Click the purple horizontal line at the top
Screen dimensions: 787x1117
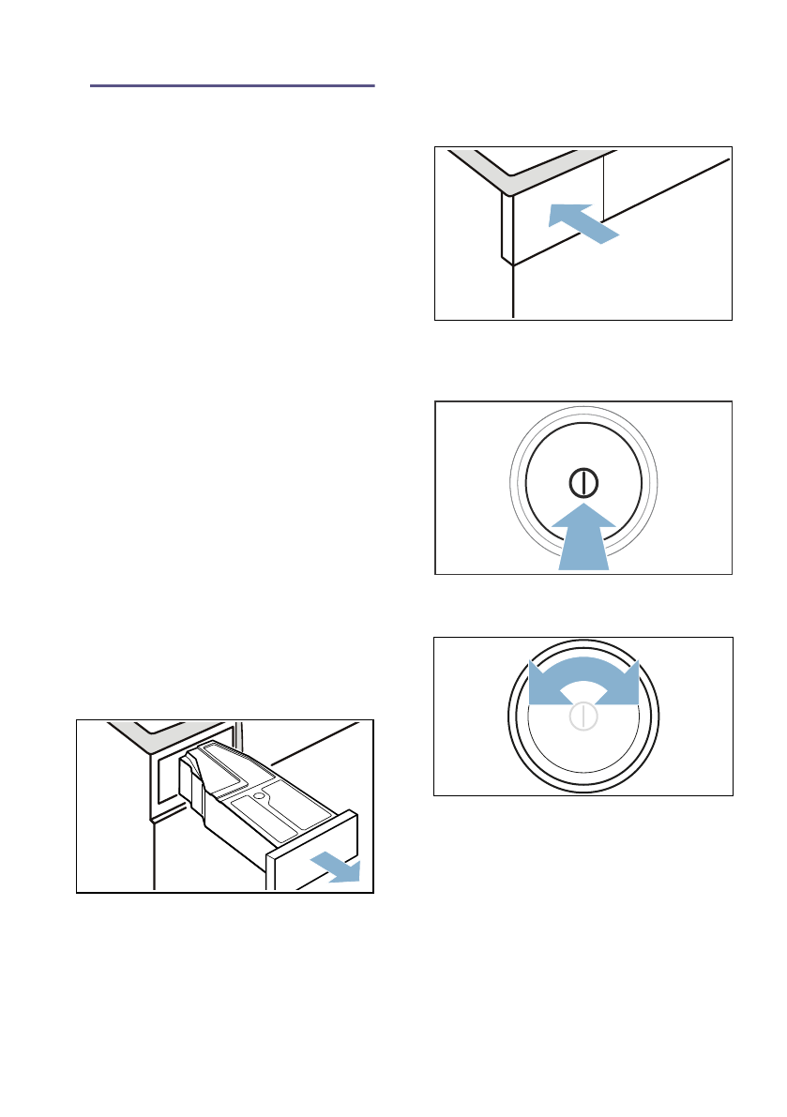click(233, 85)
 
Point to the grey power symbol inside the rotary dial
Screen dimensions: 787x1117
click(583, 718)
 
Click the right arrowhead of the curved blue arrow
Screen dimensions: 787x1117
click(627, 683)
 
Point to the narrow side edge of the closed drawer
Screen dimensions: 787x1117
click(507, 230)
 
